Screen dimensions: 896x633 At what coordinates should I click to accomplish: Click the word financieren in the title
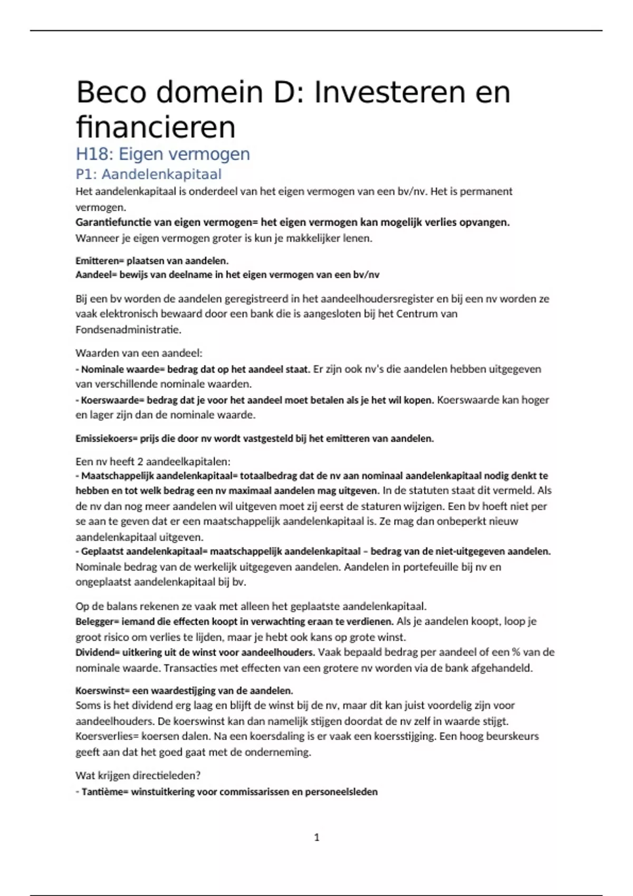156,128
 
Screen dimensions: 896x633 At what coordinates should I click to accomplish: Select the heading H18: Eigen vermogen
162,154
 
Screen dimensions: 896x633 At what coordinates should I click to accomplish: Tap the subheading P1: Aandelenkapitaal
148,174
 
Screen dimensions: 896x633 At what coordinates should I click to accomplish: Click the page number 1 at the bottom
316,837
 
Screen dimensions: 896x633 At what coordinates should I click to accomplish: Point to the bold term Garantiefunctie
113,222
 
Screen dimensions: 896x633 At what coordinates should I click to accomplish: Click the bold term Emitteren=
99,261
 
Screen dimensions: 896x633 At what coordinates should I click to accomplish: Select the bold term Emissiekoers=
107,439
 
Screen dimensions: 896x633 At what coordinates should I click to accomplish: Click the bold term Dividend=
98,652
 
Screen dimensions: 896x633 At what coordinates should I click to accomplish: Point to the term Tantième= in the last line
104,792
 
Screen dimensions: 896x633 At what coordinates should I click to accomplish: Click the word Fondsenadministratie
128,330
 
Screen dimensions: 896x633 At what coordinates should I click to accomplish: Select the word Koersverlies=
107,736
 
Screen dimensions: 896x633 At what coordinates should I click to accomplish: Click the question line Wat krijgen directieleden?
138,776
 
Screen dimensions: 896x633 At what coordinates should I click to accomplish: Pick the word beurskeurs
510,736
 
